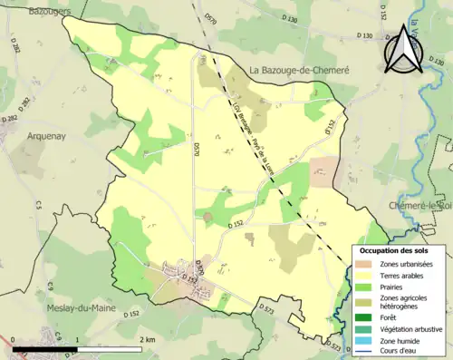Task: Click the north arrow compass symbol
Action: click(404, 50)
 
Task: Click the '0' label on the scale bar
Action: click(14, 339)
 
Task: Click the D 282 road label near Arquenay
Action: click(10, 118)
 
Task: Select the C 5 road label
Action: click(39, 206)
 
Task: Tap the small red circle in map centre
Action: click(207, 216)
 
